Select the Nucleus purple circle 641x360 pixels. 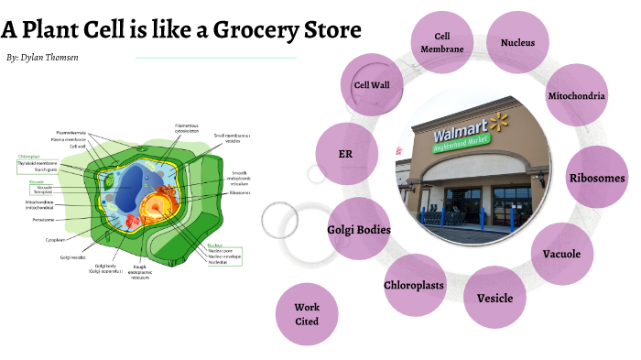coord(524,42)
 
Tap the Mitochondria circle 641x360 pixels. coord(577,96)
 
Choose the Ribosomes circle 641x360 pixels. coord(597,178)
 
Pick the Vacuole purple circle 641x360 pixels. coord(561,254)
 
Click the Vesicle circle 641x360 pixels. coord(494,298)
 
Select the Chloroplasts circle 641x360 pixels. coord(414,285)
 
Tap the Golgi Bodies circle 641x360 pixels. coord(359,229)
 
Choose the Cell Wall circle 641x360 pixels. coord(373,84)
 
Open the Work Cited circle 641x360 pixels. coord(307,314)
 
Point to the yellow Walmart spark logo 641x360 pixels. coord(498,121)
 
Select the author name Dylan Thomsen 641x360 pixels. coord(56,58)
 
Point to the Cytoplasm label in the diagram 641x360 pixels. coord(56,240)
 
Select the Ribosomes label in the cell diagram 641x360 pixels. coord(241,192)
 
